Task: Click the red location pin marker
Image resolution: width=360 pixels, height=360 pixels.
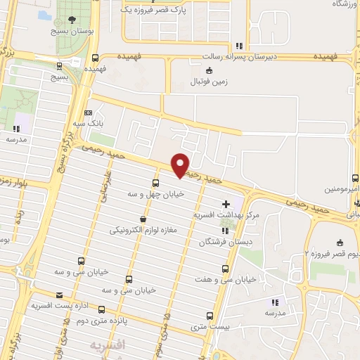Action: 181,165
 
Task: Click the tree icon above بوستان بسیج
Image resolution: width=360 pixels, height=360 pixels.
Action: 73,19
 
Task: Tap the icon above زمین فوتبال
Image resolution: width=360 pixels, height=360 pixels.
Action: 209,70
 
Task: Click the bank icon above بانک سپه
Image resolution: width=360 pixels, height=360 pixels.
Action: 88,112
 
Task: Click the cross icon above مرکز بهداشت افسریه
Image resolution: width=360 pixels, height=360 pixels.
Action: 225,203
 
